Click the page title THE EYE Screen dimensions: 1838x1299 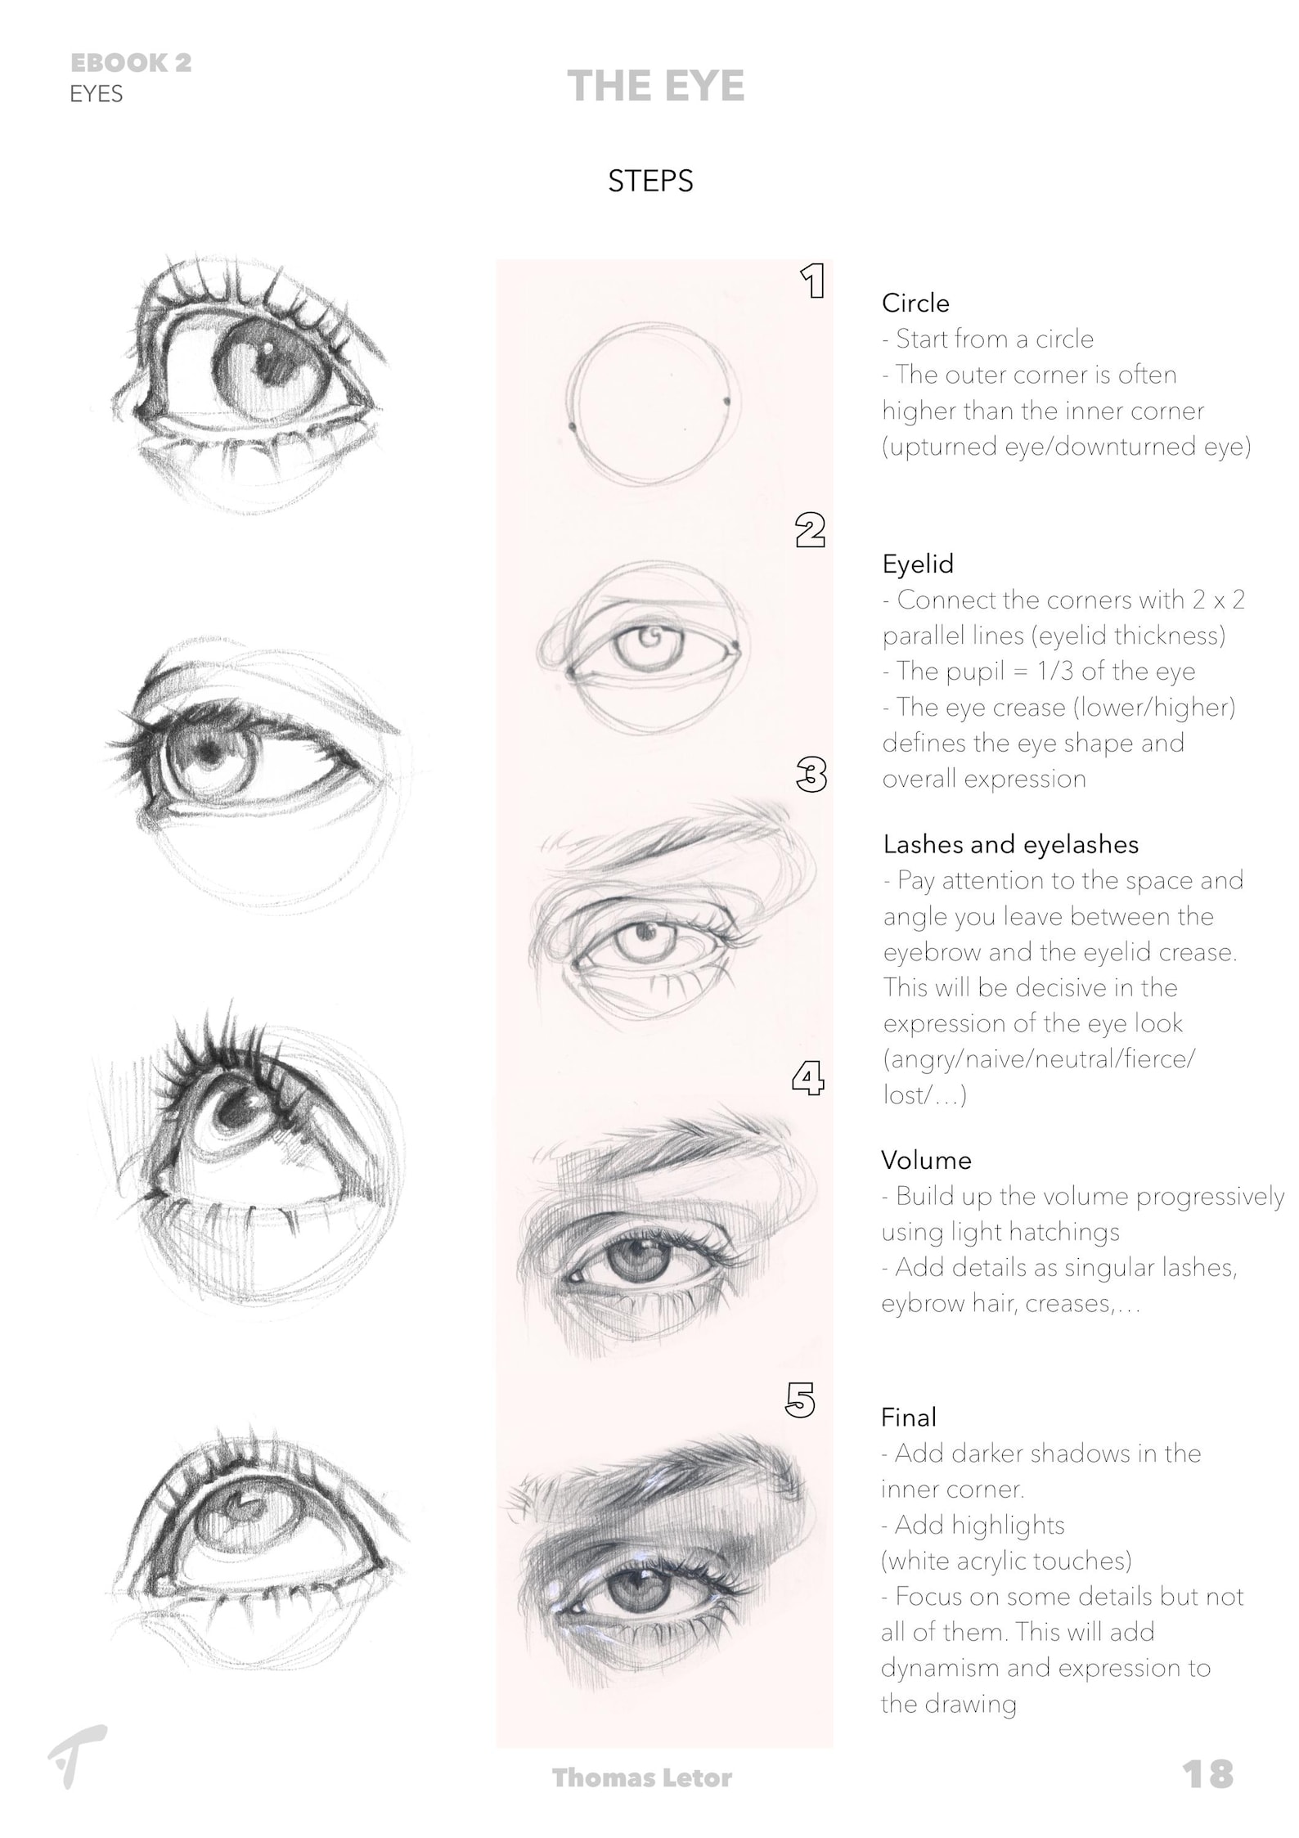tap(655, 86)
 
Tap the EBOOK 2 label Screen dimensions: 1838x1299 tap(131, 63)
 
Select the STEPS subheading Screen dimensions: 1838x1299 tap(650, 181)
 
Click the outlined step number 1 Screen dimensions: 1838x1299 tap(812, 281)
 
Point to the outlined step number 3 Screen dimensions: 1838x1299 tap(811, 774)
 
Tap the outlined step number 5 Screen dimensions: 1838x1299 tap(800, 1400)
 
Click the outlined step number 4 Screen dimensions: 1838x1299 tap(807, 1078)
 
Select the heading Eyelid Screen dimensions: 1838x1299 tap(917, 564)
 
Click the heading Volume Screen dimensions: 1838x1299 tap(926, 1160)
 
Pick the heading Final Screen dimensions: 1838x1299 tap(908, 1417)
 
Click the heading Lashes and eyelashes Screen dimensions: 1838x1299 tap(1010, 844)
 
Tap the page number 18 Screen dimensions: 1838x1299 tap(1207, 1773)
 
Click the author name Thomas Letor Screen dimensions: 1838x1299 tap(642, 1777)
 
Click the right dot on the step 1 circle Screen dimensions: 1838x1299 tap(726, 402)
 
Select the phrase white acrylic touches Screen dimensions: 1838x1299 tap(1006, 1561)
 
